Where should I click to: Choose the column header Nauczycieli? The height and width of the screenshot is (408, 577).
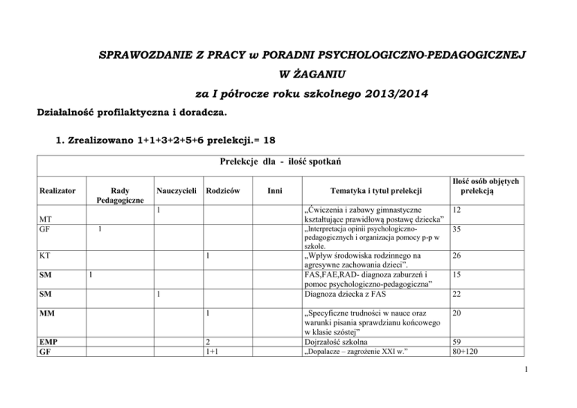[x=176, y=193]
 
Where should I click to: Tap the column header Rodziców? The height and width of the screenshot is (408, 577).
[x=224, y=193]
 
